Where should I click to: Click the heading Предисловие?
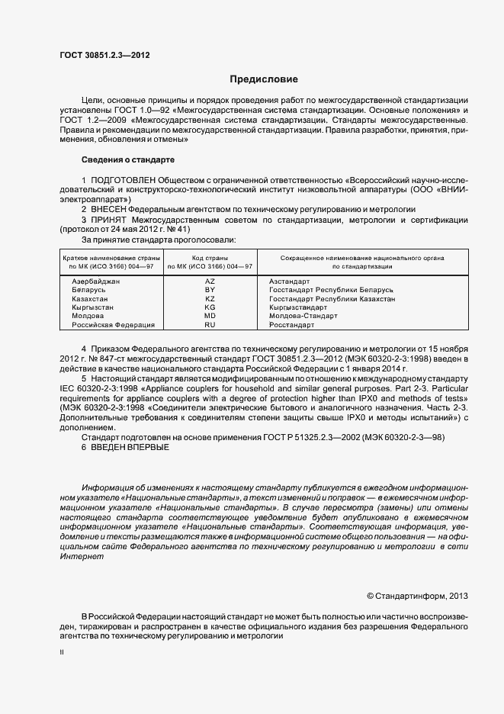click(x=265, y=79)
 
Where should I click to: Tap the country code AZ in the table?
click(x=210, y=281)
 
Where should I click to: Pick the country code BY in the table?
click(x=210, y=291)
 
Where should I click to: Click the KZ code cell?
click(x=210, y=299)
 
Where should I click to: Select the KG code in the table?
click(x=210, y=307)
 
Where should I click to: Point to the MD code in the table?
click(x=210, y=316)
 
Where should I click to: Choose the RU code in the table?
click(x=210, y=325)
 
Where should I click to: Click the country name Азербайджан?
click(x=96, y=281)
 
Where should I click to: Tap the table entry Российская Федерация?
click(x=113, y=325)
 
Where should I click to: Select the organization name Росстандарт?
click(x=291, y=325)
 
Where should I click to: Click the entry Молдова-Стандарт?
click(x=303, y=316)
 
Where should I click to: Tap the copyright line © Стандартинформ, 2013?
click(x=417, y=596)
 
